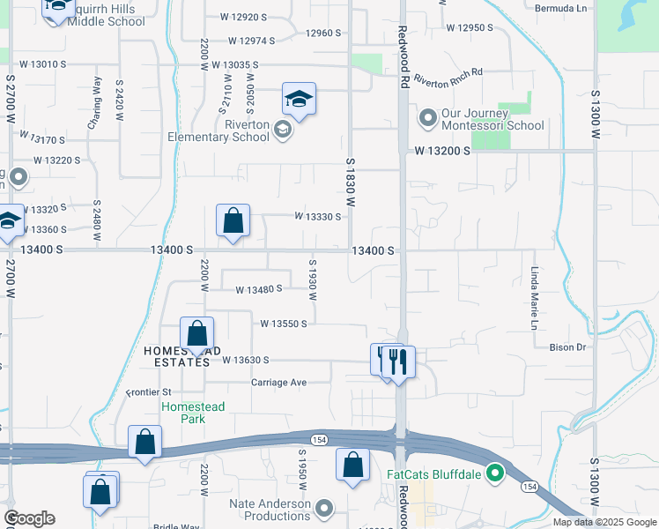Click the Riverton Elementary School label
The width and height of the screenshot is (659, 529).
[234, 131]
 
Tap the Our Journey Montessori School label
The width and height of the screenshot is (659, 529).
[492, 119]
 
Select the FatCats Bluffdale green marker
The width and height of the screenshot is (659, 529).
[494, 473]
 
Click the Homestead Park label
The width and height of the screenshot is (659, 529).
[193, 413]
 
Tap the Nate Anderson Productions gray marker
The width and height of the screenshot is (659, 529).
[325, 508]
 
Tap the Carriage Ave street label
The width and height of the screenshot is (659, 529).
[278, 382]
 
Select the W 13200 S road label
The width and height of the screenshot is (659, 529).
[439, 151]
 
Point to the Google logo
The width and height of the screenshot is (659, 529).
[28, 518]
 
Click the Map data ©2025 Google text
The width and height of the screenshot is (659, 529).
[604, 522]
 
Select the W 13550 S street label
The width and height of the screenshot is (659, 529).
[283, 324]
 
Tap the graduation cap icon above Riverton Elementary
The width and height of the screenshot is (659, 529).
[299, 99]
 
